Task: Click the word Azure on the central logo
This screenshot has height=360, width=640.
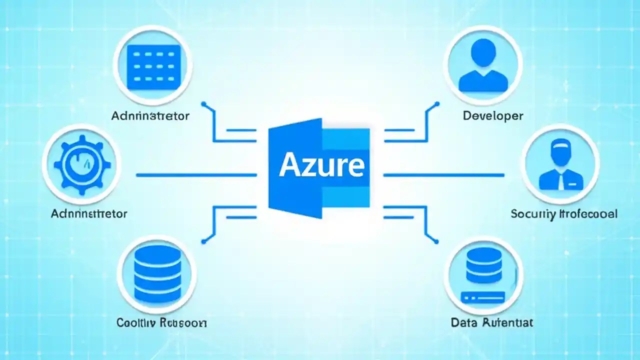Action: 322,165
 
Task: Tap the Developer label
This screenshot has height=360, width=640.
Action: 492,116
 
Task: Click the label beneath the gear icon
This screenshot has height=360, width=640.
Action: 89,214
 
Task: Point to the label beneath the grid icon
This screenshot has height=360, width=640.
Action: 150,116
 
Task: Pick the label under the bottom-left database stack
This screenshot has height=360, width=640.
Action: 161,322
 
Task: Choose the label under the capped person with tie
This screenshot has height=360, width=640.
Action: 563,214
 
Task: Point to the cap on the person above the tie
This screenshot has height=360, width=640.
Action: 559,144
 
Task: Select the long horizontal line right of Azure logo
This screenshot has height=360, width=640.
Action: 443,175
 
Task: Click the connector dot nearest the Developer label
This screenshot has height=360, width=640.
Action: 437,104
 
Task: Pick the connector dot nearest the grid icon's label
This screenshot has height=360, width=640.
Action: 203,104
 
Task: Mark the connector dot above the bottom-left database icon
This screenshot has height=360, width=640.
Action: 203,241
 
